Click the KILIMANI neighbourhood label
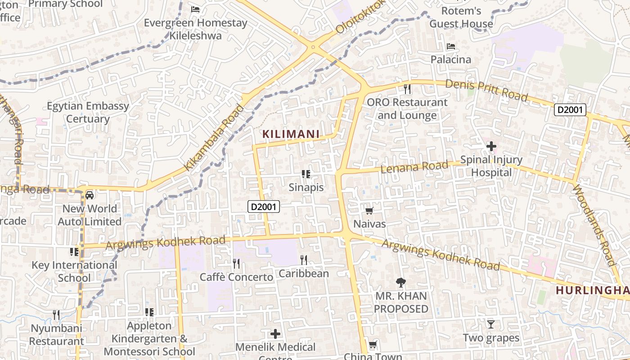point(291,134)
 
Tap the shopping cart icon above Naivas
point(369,211)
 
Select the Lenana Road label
point(414,167)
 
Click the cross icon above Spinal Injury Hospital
point(491,146)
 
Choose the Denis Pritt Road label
point(486,90)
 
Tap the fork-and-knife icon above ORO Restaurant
point(407,89)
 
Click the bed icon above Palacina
point(450,46)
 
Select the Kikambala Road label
point(215,138)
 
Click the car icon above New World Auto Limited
point(90,195)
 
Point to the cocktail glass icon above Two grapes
point(491,324)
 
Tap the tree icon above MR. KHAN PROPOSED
point(400,283)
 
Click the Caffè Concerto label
point(236,277)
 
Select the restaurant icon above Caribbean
point(304,260)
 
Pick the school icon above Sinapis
point(306,174)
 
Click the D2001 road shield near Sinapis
point(264,207)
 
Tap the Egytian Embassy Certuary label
point(88,112)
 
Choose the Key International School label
point(74,271)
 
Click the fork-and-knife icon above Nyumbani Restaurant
point(56,315)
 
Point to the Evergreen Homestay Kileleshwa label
point(196,29)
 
